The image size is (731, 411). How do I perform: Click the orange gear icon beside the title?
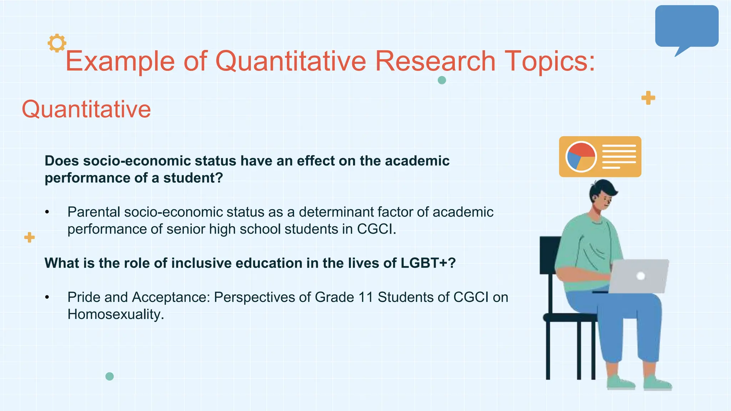coord(57,43)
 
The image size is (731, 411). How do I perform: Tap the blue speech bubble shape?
coord(686,26)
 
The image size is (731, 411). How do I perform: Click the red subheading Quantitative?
coord(86,109)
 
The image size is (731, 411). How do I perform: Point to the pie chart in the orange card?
coord(581,157)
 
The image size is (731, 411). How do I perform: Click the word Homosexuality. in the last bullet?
coord(116,315)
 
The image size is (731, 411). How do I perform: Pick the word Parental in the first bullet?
coord(94,212)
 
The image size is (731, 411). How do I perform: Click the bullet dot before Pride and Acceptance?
coord(47,298)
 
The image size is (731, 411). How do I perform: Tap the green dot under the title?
coord(442,80)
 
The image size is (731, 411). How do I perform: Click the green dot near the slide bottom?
coord(110,376)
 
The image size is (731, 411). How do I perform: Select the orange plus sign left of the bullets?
coord(29,237)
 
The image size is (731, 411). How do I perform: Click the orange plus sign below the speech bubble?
coord(648,98)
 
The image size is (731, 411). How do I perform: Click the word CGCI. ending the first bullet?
coord(376,229)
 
